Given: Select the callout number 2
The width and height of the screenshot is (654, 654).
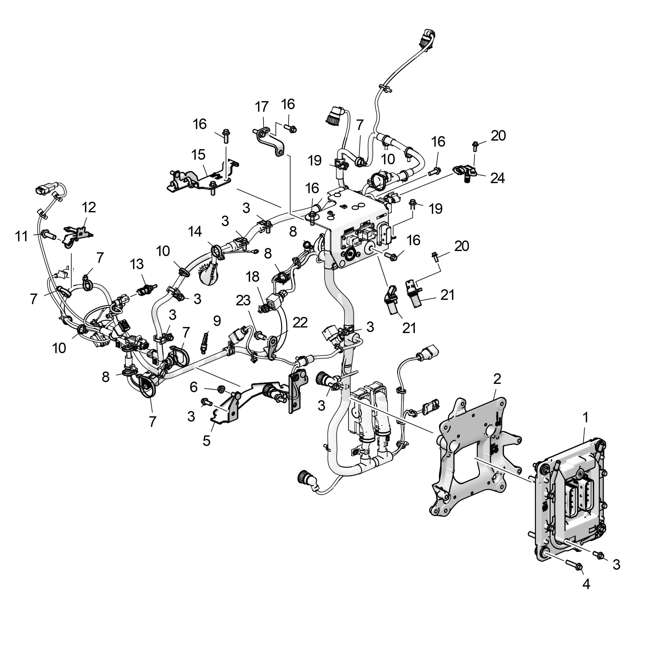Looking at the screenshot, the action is pyautogui.click(x=497, y=379).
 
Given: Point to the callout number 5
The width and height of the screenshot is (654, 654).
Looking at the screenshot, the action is pyautogui.click(x=207, y=441).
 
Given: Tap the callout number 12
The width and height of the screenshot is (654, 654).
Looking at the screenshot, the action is pyautogui.click(x=89, y=207).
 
